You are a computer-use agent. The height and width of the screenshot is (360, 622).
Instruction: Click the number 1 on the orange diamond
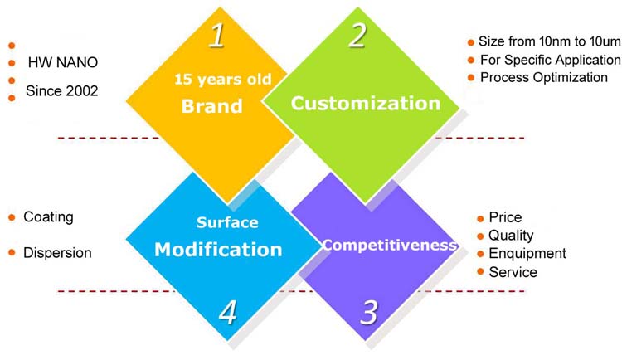pyautogui.click(x=217, y=36)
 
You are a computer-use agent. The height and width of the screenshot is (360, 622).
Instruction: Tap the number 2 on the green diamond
pyautogui.click(x=357, y=36)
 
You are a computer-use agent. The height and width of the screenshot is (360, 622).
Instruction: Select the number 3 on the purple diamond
pyautogui.click(x=369, y=313)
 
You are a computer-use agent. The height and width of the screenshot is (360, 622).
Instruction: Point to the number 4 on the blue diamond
pyautogui.click(x=228, y=313)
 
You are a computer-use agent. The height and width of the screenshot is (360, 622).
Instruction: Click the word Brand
pyautogui.click(x=212, y=106)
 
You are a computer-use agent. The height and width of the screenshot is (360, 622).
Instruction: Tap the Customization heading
pyautogui.click(x=366, y=103)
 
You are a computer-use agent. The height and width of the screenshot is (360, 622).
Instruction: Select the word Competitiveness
pyautogui.click(x=390, y=245)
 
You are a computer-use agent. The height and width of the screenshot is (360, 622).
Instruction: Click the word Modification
pyautogui.click(x=218, y=250)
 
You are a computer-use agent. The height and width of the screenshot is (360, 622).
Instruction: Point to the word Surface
pyautogui.click(x=227, y=222)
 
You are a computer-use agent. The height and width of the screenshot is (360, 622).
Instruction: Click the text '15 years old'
pyautogui.click(x=223, y=79)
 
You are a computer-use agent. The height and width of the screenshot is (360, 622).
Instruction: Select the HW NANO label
pyautogui.click(x=63, y=62)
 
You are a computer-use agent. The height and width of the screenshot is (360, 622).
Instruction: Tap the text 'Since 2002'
pyautogui.click(x=62, y=91)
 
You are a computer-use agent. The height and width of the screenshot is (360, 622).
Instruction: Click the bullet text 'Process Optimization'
pyautogui.click(x=544, y=77)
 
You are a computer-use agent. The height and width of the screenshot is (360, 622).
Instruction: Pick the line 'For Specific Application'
pyautogui.click(x=550, y=60)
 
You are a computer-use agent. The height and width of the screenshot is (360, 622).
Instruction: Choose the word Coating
pyautogui.click(x=48, y=217)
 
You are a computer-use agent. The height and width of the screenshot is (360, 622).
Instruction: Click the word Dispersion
pyautogui.click(x=57, y=253)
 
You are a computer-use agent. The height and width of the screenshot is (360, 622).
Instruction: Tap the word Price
pyautogui.click(x=505, y=217)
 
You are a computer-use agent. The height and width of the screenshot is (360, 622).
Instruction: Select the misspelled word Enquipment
pyautogui.click(x=527, y=253)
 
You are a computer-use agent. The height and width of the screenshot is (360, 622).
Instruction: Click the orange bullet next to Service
pyautogui.click(x=480, y=271)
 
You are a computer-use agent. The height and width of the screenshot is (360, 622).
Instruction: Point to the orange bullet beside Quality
pyautogui.click(x=480, y=236)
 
